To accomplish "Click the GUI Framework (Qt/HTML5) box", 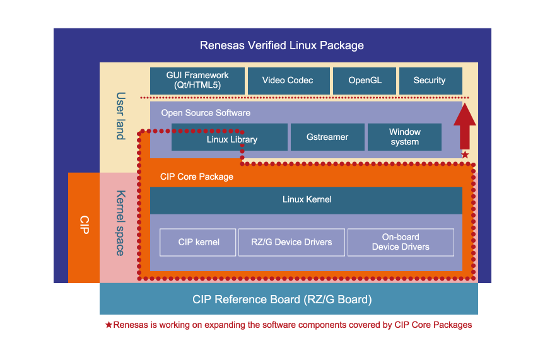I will click(x=197, y=81).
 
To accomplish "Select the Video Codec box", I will click(x=288, y=81).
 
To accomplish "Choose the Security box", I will click(x=430, y=81).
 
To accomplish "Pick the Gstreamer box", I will click(x=327, y=137).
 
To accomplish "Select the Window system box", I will click(x=404, y=137).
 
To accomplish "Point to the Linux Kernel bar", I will click(x=307, y=200).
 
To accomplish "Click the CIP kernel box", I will click(x=199, y=242).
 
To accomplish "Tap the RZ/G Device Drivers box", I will click(x=291, y=242).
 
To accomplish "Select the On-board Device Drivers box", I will click(x=401, y=242).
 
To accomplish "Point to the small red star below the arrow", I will click(x=465, y=154).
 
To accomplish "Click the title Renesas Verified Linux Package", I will click(x=281, y=45).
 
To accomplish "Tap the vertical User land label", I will click(x=120, y=116).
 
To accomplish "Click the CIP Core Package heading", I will click(x=196, y=177).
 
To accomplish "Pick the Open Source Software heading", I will click(x=206, y=113).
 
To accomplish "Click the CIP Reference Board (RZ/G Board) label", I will click(x=282, y=299).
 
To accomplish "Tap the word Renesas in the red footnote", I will click(x=130, y=325).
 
